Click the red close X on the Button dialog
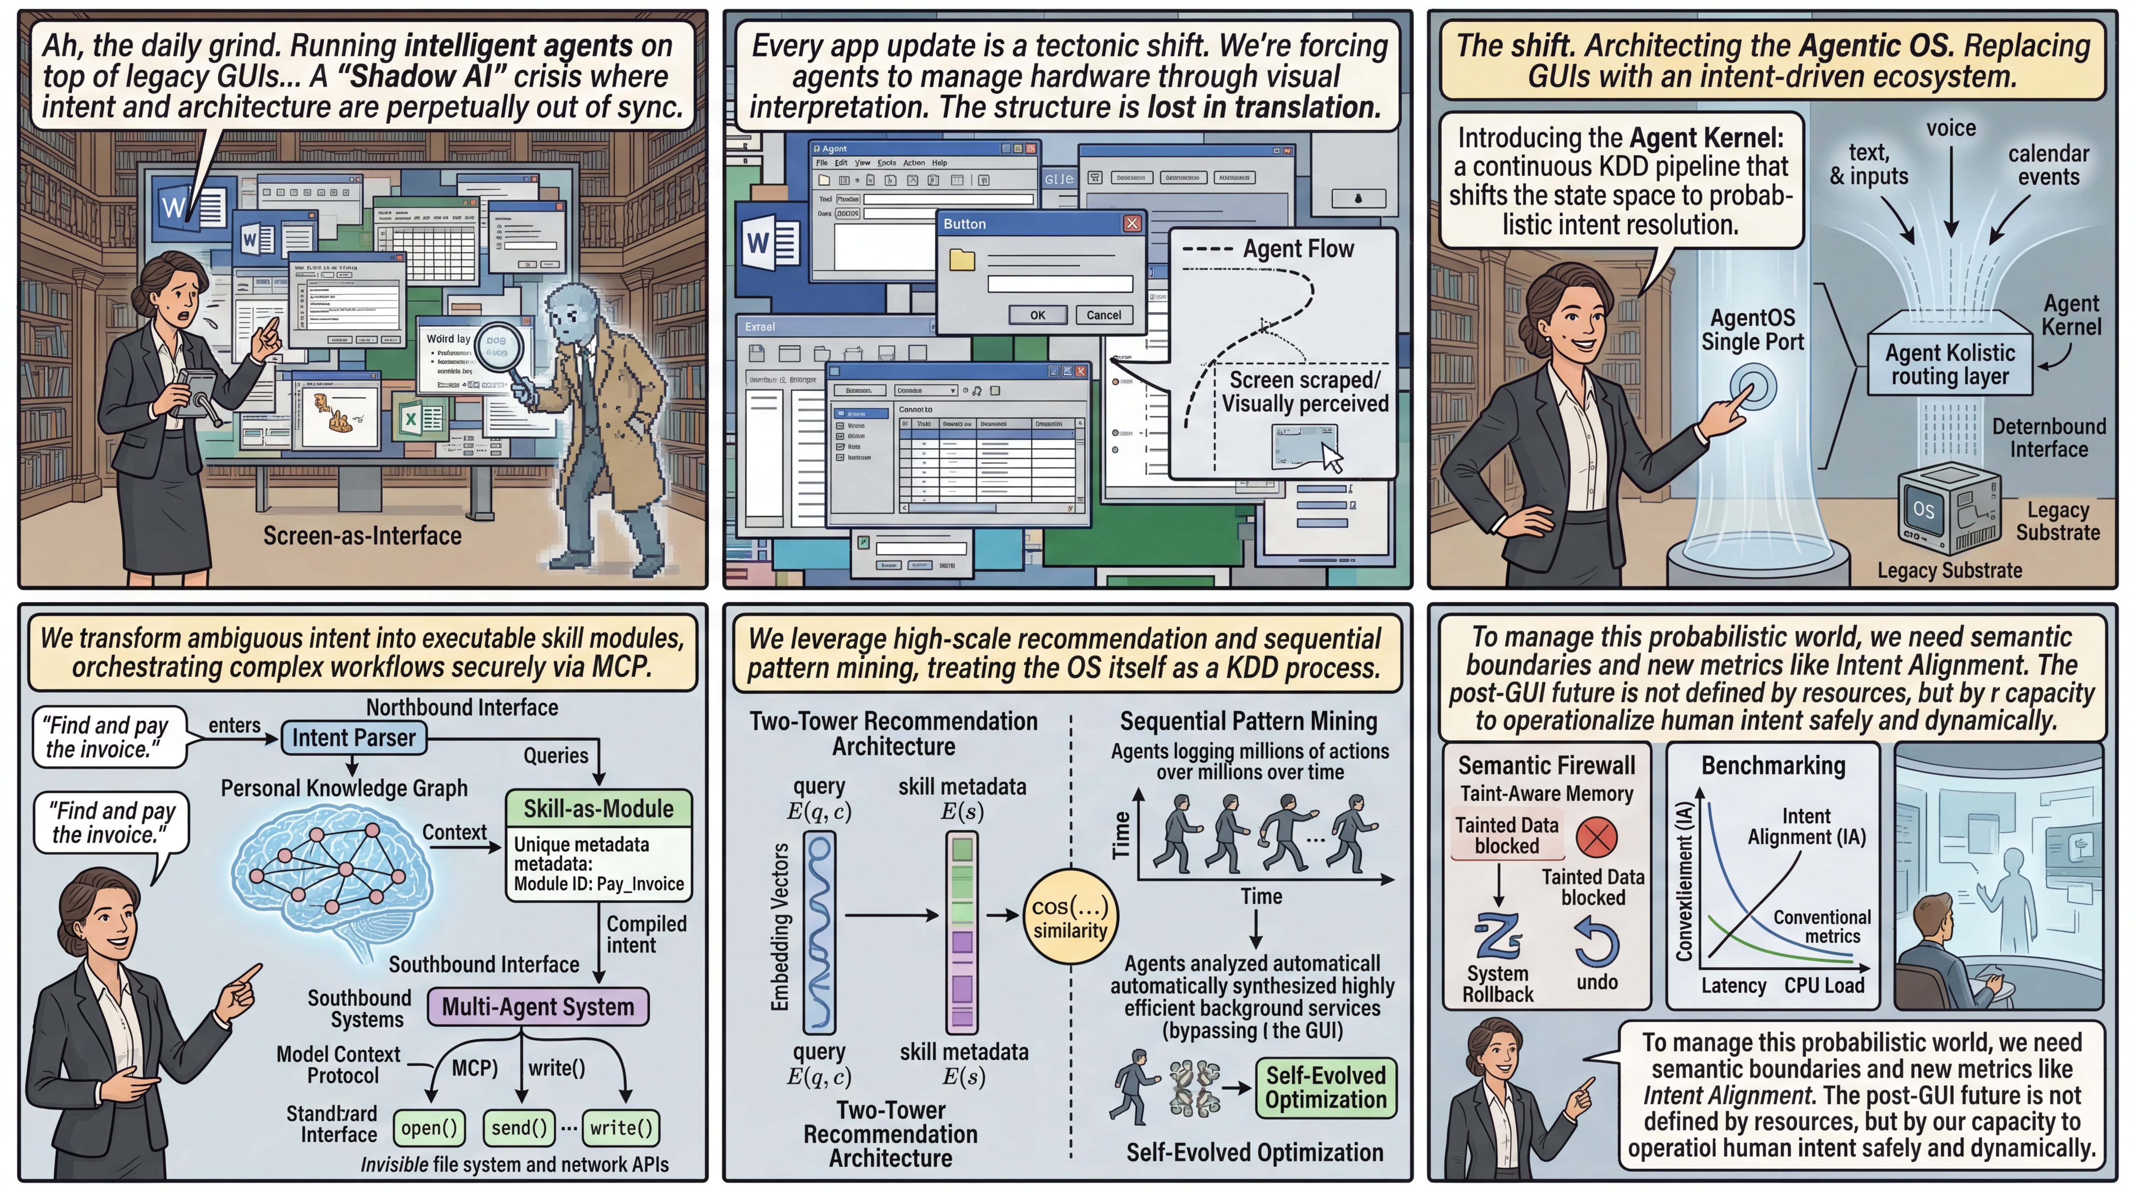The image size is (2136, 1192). pyautogui.click(x=1132, y=224)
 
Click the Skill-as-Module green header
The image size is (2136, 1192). pyautogui.click(x=598, y=808)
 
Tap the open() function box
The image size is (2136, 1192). pyautogui.click(x=429, y=1127)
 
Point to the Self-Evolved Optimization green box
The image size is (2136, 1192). pyautogui.click(x=1325, y=1088)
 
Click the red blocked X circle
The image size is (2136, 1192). pyautogui.click(x=1596, y=837)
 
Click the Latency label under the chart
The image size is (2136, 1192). pyautogui.click(x=1733, y=986)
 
